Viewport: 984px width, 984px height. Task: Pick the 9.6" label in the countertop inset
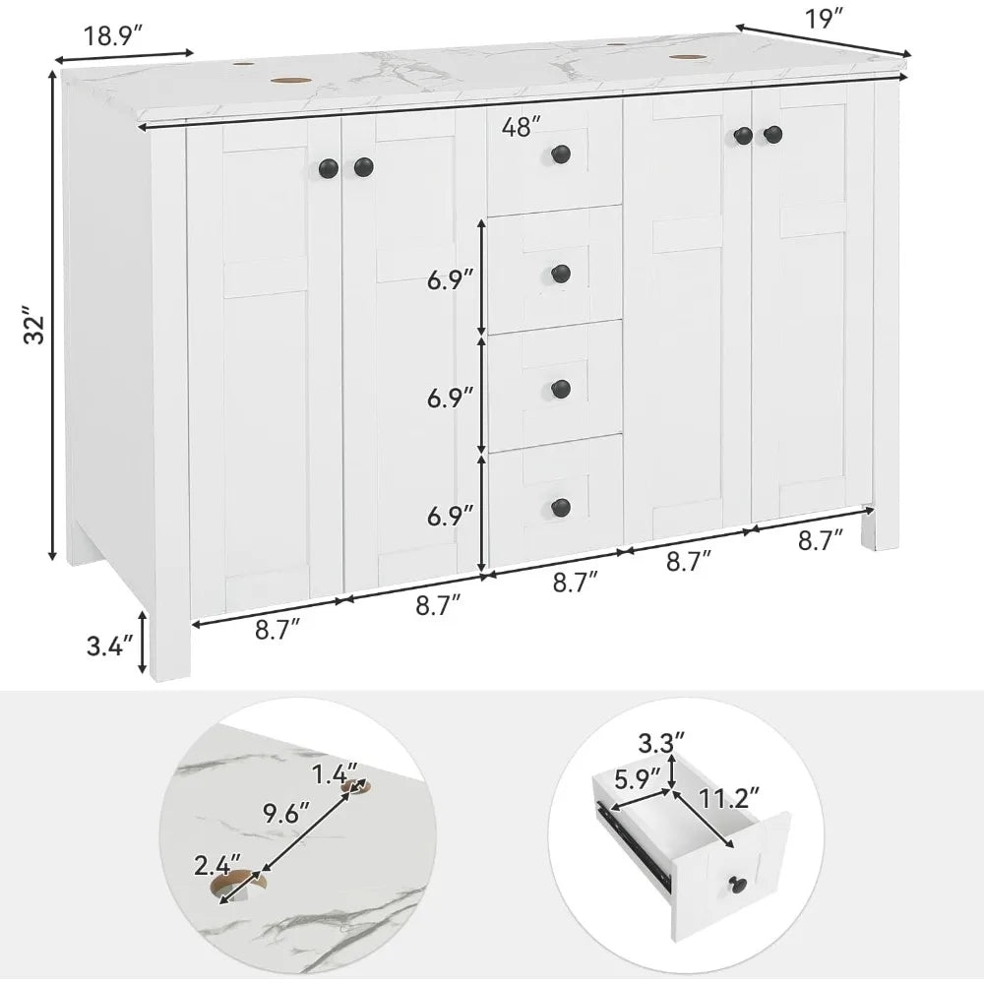pos(284,813)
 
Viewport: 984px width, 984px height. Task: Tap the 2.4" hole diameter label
pos(216,866)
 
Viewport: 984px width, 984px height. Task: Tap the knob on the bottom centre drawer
pos(561,507)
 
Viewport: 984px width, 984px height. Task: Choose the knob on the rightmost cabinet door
pos(772,134)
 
